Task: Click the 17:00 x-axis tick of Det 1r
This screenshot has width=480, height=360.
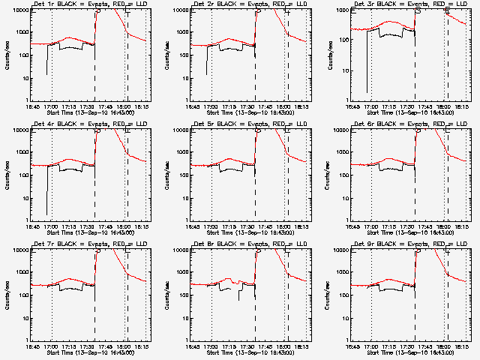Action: (51, 106)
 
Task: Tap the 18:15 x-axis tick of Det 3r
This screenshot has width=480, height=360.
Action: (460, 106)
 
